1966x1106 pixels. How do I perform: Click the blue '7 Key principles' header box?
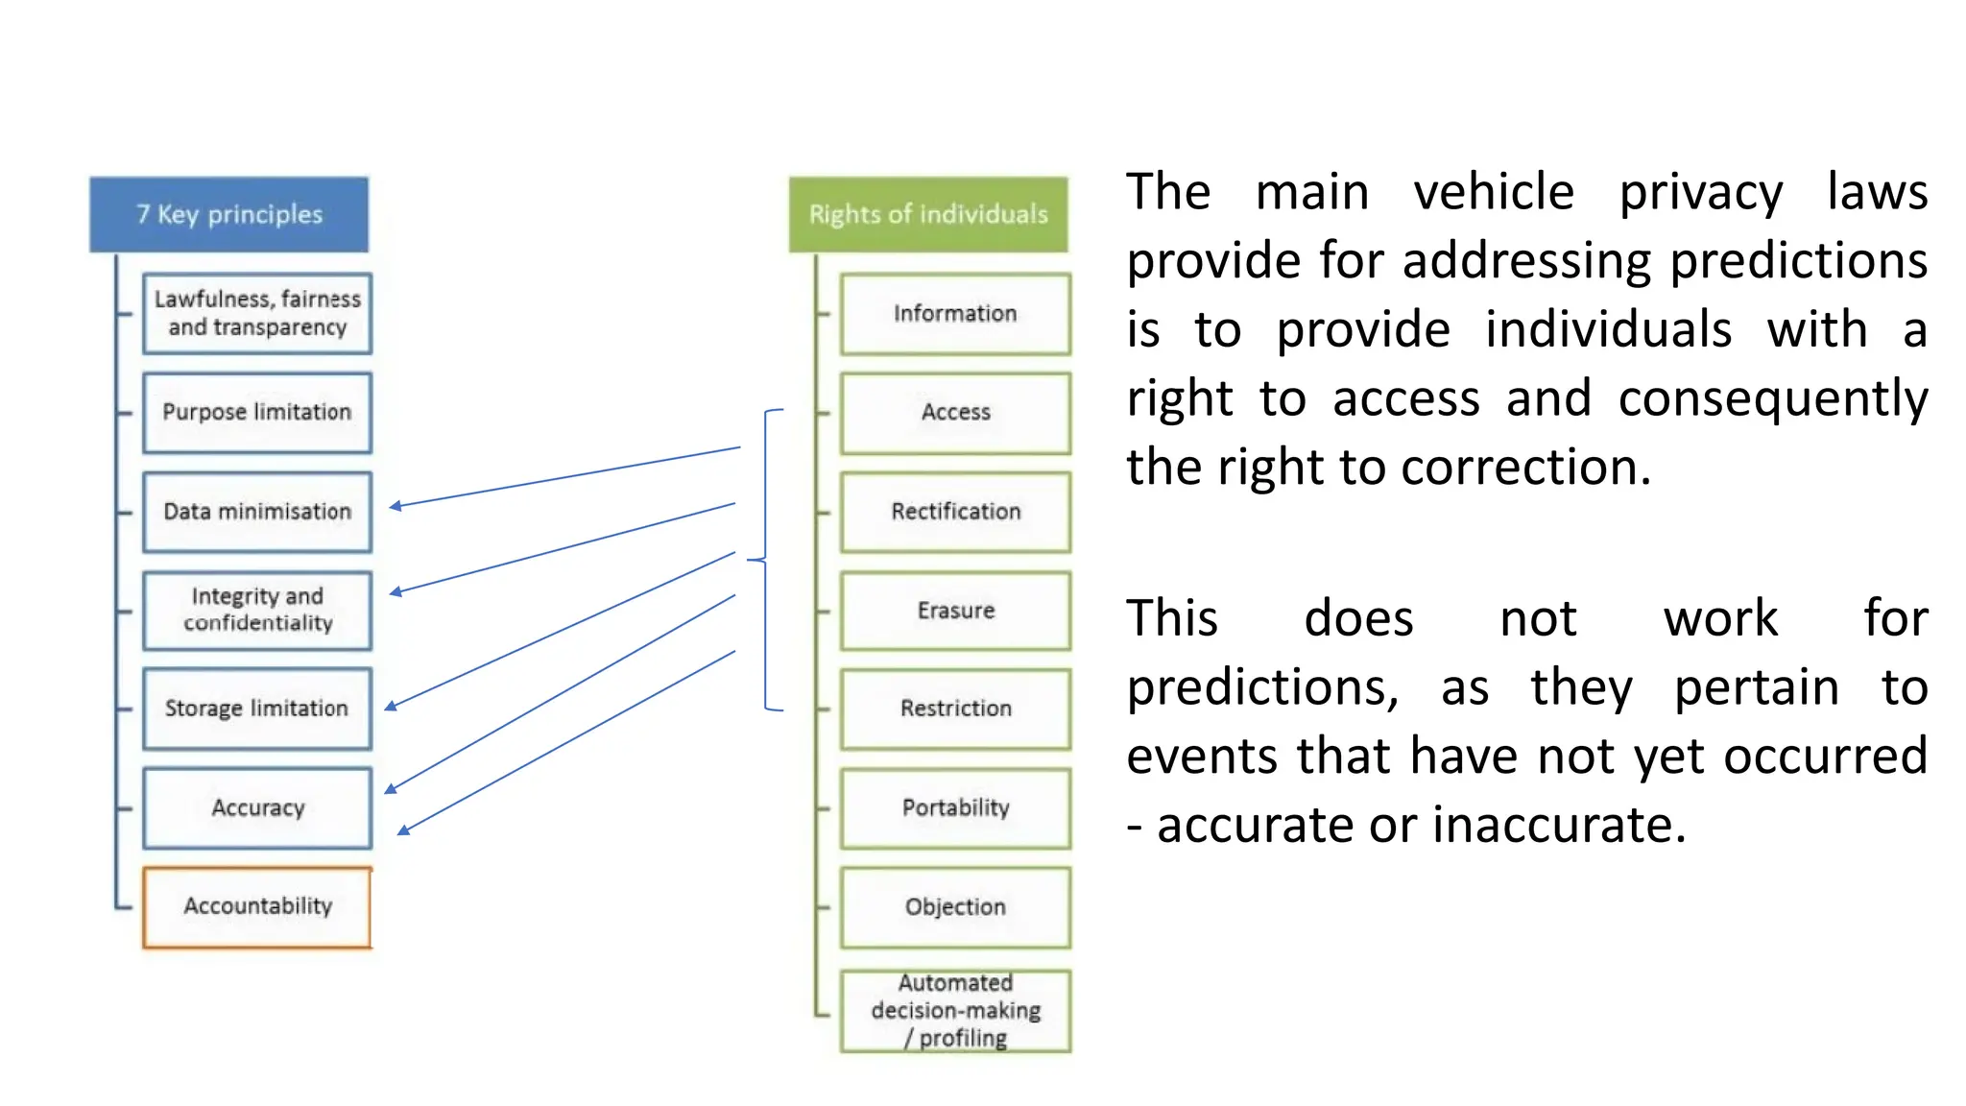pos(228,214)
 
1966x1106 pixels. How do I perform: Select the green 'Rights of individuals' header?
pos(927,214)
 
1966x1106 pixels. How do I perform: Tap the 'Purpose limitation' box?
pos(256,412)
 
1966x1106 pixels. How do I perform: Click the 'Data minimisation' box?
pos(256,512)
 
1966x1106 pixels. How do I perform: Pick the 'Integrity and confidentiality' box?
pos(256,610)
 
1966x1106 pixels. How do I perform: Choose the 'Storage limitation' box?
pos(256,709)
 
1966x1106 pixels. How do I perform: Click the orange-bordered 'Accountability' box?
pos(256,906)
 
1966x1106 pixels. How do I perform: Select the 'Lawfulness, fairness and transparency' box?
pos(256,313)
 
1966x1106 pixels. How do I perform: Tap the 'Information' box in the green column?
pos(954,314)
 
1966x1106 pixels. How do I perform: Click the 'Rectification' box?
pos(954,512)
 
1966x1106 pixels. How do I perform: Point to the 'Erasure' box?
pos(954,611)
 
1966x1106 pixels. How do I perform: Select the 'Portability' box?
pos(954,807)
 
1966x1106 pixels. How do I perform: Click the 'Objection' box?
pos(954,907)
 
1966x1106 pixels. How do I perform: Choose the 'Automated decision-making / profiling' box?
pos(954,1010)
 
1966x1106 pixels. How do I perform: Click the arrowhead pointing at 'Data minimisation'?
pos(395,506)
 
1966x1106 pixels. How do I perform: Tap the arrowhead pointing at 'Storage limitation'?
pos(391,707)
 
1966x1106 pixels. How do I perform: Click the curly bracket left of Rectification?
pos(765,560)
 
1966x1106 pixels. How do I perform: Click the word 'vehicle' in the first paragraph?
pos(1494,192)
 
